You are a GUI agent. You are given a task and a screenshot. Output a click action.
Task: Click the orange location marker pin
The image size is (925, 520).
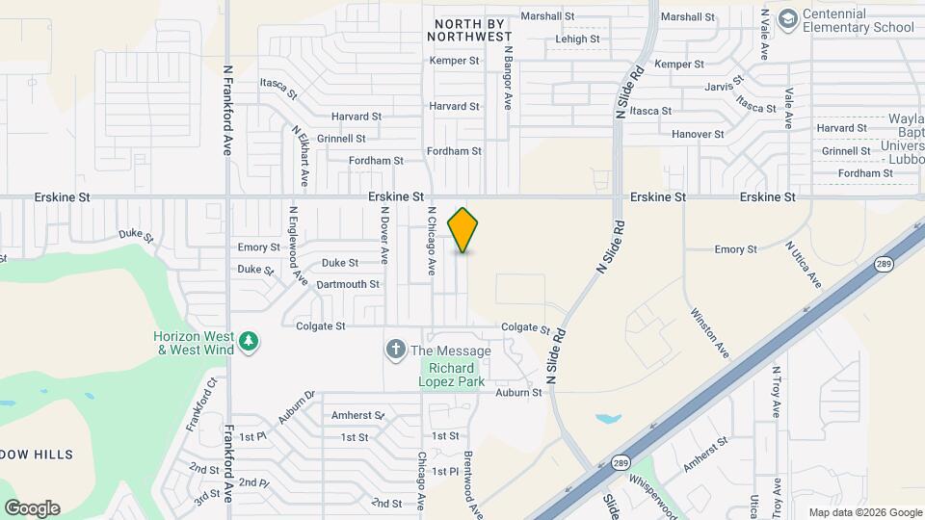(x=463, y=230)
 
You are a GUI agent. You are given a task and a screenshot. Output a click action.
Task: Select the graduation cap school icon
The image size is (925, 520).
(x=787, y=19)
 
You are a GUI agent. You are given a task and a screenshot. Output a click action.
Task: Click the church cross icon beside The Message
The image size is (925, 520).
(x=395, y=350)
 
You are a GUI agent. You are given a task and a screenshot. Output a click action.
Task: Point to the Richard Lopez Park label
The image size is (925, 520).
(x=451, y=376)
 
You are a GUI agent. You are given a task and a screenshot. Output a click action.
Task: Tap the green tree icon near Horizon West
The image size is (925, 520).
(x=250, y=342)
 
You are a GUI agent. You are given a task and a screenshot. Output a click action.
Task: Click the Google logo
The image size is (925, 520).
(x=32, y=508)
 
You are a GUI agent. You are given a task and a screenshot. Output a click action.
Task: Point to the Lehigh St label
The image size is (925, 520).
(x=578, y=39)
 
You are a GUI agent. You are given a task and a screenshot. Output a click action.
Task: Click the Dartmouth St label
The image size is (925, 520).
(x=348, y=284)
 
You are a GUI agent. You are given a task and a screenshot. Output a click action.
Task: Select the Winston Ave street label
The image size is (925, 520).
(x=709, y=332)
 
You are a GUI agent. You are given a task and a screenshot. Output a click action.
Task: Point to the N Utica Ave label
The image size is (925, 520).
(x=803, y=264)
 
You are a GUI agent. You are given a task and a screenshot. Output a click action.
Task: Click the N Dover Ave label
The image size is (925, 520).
(x=383, y=236)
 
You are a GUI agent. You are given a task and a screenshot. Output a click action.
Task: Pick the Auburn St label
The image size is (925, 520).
(x=518, y=393)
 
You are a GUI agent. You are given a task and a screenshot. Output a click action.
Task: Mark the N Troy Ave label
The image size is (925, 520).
(x=776, y=391)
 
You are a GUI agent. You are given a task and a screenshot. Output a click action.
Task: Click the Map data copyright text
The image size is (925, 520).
(x=863, y=512)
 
